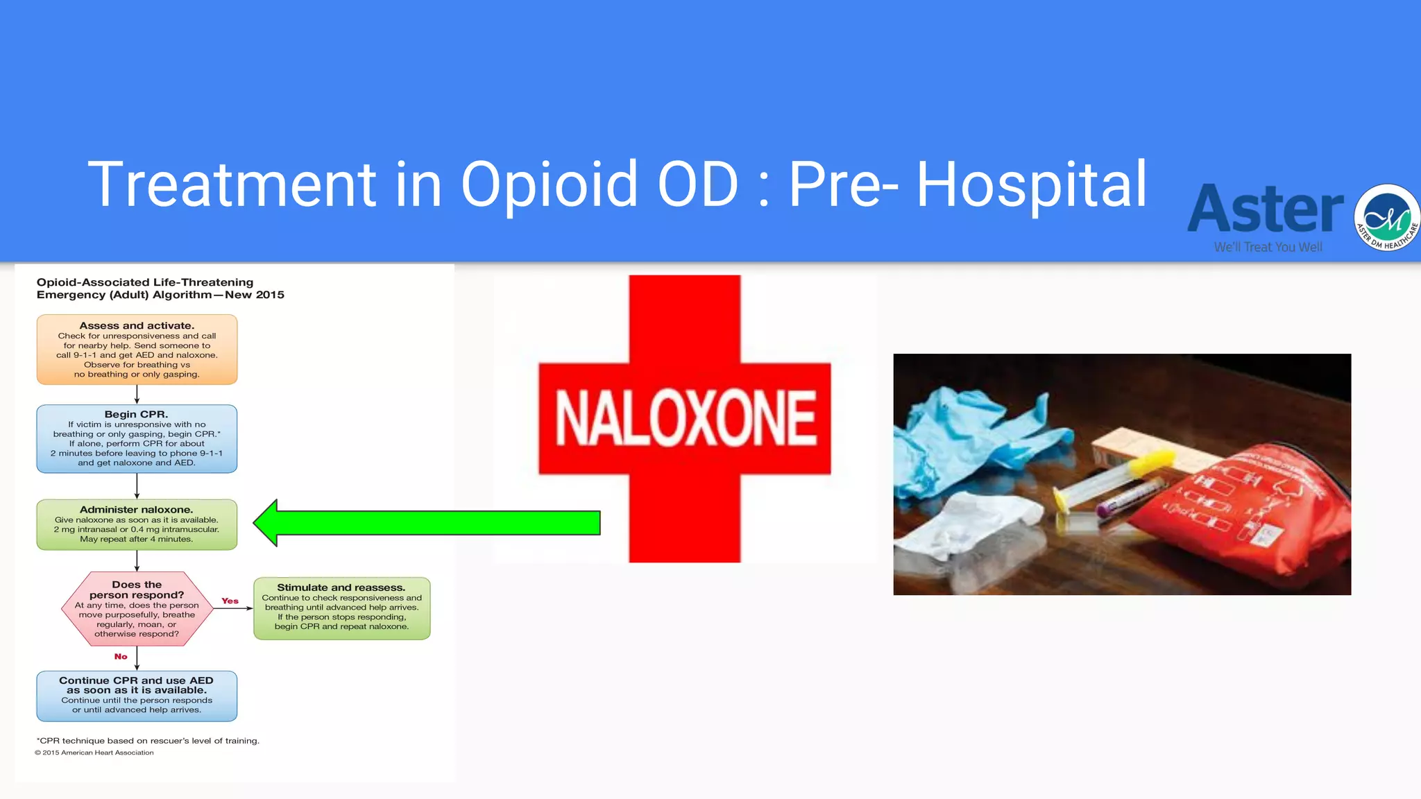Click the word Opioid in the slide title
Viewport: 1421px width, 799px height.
548,184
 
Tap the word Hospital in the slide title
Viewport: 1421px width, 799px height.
1032,184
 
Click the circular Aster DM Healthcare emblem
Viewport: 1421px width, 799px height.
1387,217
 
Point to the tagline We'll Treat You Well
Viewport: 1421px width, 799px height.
1268,247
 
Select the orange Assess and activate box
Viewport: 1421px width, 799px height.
137,350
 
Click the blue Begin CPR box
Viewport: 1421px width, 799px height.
137,438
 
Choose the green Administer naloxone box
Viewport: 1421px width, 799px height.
137,524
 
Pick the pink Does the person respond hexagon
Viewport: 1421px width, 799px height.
137,609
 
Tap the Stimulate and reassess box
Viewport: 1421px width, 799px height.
341,608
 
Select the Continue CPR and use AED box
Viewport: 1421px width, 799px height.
137,696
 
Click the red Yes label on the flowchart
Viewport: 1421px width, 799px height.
230,601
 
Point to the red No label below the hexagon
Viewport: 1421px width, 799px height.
121,656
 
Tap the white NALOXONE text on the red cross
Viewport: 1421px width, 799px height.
685,418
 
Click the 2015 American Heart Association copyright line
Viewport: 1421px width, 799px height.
94,753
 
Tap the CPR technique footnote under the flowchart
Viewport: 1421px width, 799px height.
148,741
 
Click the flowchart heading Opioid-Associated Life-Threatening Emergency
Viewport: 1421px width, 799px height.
160,289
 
